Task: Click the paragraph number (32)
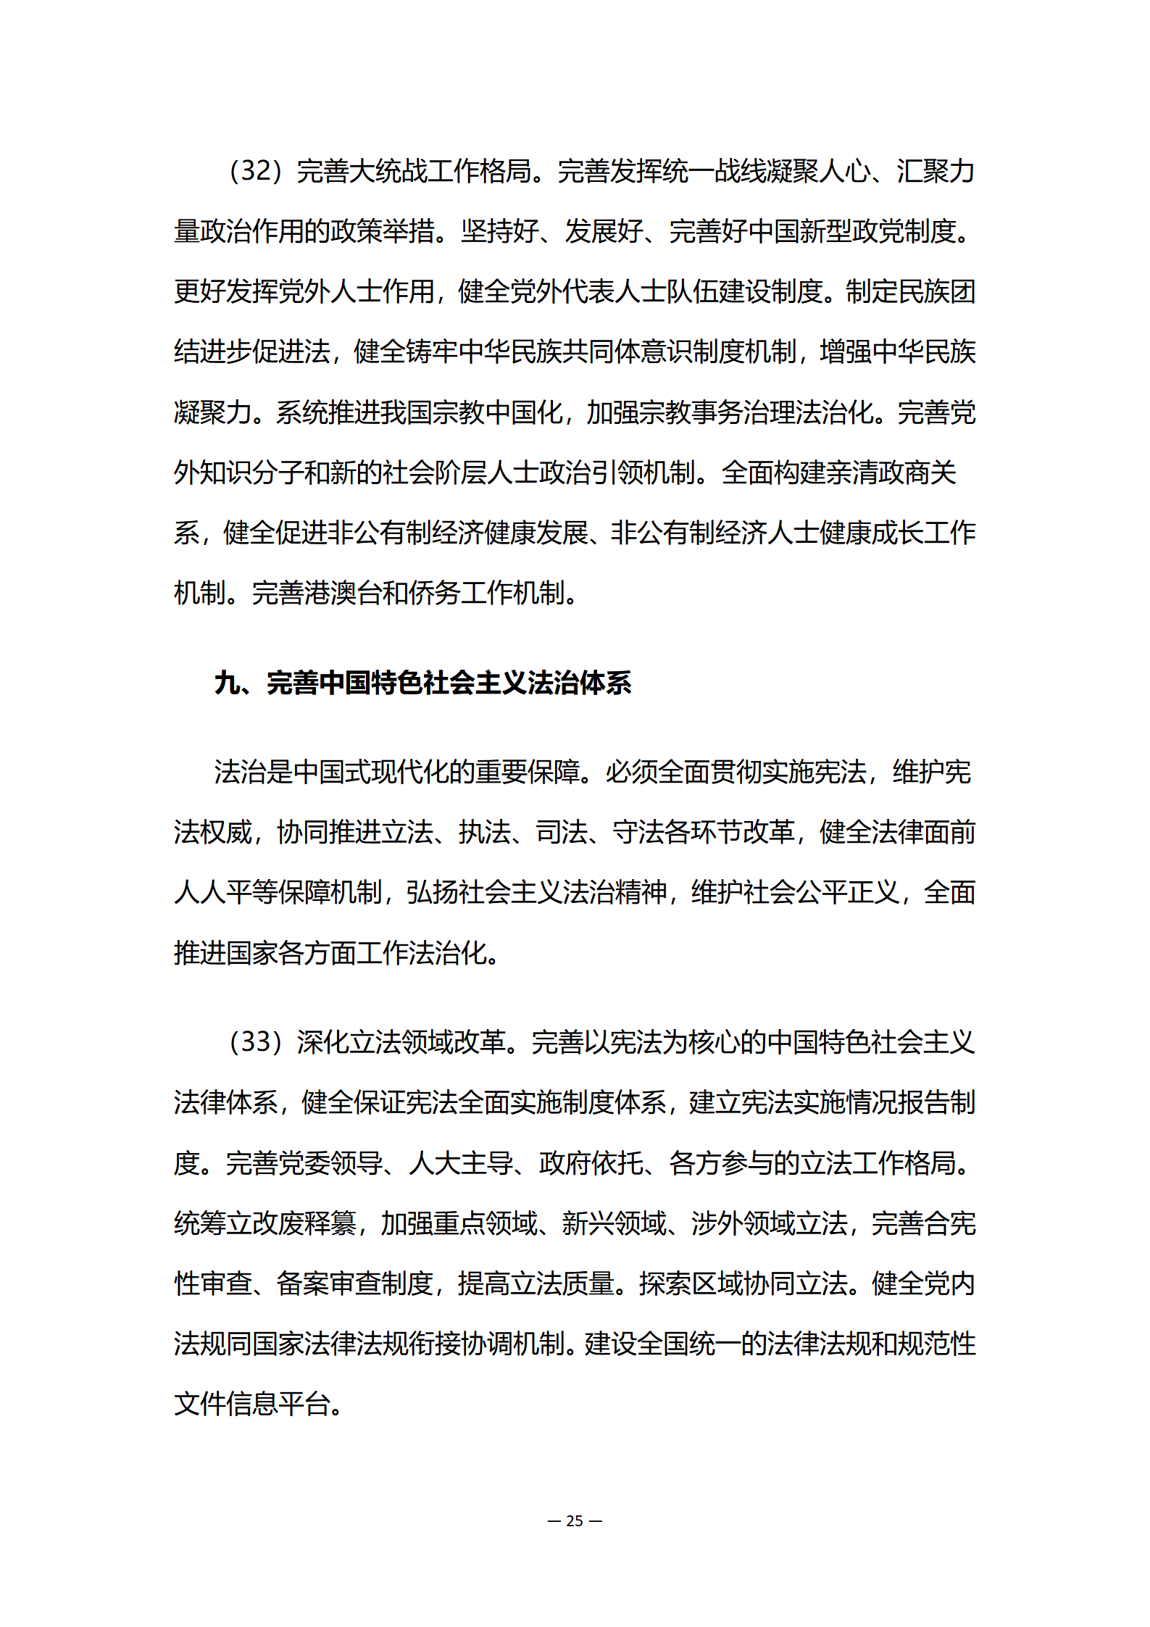pos(255,171)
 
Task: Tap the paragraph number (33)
pos(255,1042)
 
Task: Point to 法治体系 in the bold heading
pos(580,683)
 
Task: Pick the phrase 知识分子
pos(253,473)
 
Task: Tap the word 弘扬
pos(432,892)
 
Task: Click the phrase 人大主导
pos(461,1163)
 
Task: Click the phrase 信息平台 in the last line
pos(278,1404)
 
